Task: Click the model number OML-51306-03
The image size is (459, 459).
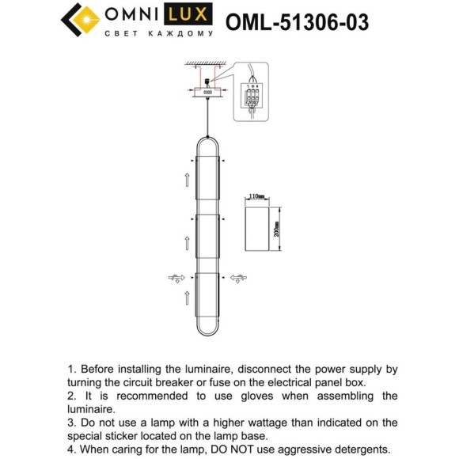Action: pyautogui.click(x=297, y=22)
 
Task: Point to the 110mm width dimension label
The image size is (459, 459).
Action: pyautogui.click(x=256, y=195)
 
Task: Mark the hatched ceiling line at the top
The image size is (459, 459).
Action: pyautogui.click(x=206, y=62)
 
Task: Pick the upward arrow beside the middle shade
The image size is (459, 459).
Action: pyautogui.click(x=187, y=237)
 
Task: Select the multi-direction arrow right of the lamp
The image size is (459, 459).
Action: pyautogui.click(x=238, y=277)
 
